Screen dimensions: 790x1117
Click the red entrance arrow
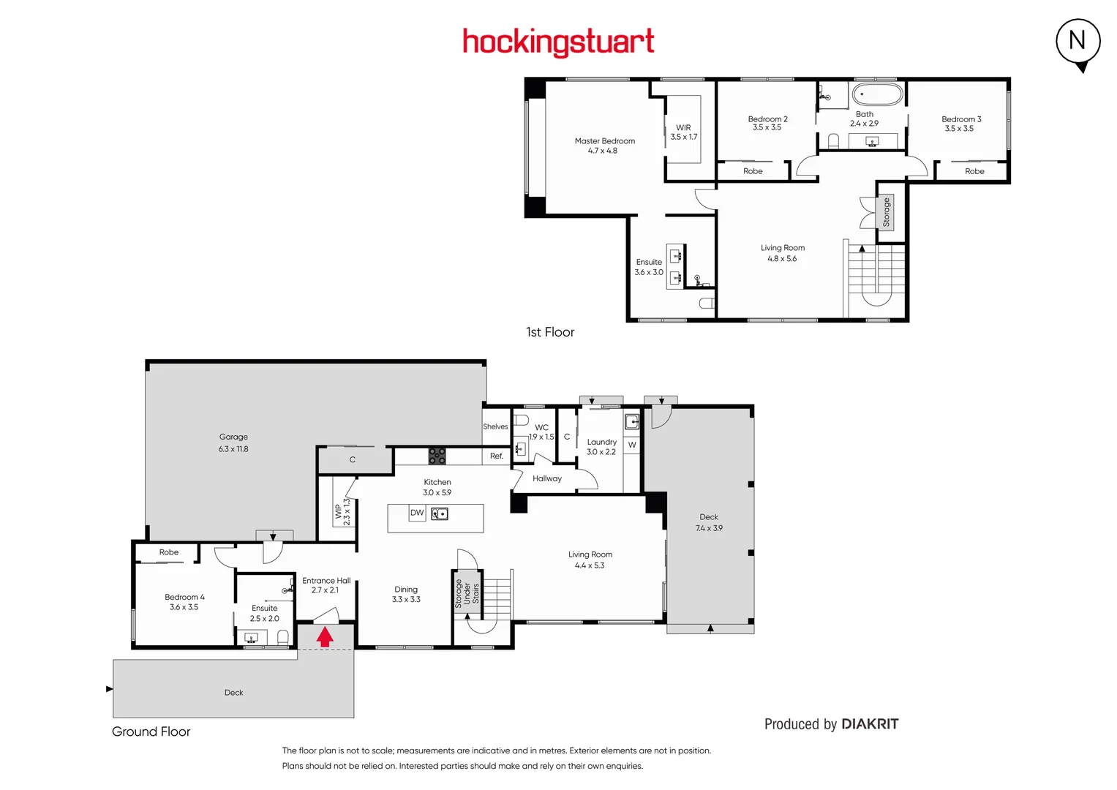325,637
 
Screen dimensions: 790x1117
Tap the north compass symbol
1078,42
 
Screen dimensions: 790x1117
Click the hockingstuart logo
558,42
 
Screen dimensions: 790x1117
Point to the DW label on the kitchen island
417,513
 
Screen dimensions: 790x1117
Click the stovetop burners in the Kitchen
437,456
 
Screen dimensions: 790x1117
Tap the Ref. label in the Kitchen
497,456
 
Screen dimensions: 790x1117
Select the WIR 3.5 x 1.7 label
683,132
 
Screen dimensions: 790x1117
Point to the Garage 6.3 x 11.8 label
233,443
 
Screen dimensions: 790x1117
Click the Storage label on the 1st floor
886,212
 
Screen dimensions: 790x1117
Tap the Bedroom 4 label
184,602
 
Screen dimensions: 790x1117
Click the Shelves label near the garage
495,426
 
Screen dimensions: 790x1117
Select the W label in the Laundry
632,445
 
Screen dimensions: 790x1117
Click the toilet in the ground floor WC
522,420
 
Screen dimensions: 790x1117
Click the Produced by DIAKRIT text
831,724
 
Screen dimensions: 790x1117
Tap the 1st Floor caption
550,332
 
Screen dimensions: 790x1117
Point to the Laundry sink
632,421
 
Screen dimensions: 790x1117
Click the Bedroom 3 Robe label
974,171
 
